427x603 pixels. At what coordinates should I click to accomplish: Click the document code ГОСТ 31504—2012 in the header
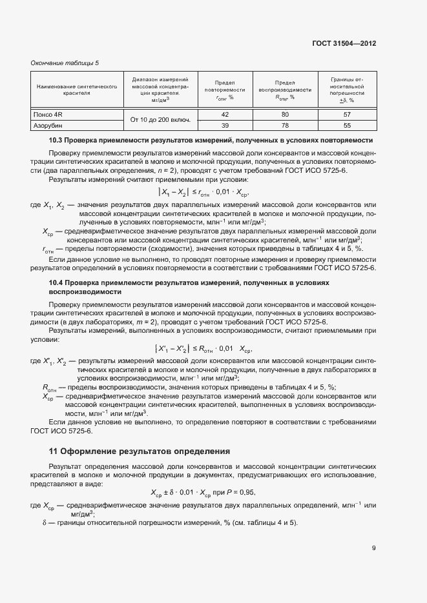[x=344, y=44]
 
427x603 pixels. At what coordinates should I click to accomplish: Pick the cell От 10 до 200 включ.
[x=160, y=120]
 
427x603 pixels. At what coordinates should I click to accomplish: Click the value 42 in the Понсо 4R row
[x=225, y=115]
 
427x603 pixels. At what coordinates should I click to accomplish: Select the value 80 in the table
[x=284, y=115]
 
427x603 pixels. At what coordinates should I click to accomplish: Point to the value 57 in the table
[x=347, y=115]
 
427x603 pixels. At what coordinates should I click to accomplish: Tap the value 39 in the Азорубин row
[x=225, y=125]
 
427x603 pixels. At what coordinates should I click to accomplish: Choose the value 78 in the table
[x=284, y=125]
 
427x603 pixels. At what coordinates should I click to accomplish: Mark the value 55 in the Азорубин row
[x=347, y=125]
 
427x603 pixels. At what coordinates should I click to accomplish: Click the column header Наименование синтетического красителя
[x=77, y=89]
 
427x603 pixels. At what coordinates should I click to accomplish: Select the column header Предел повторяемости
[x=225, y=90]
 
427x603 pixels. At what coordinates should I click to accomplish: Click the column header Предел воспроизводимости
[x=284, y=90]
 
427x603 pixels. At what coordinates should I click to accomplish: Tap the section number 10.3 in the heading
[x=56, y=140]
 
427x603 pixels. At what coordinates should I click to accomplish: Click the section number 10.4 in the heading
[x=56, y=282]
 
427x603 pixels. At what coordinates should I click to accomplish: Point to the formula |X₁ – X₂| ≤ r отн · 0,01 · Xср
[x=203, y=192]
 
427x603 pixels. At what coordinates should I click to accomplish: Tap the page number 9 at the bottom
[x=373, y=548]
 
